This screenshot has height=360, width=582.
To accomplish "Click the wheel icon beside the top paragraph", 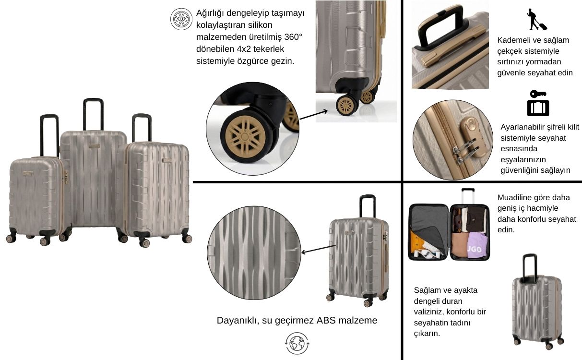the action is (181, 19).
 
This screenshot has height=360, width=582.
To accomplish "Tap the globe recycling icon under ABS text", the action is (297, 343).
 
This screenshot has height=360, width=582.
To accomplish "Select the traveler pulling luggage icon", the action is (536, 20).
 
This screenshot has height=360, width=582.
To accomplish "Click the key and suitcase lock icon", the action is (538, 103).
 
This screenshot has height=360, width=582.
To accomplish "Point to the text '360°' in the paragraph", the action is (293, 37).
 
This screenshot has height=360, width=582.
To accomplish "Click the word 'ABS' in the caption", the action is (326, 320).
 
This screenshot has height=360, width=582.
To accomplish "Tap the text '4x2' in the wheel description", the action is (243, 49).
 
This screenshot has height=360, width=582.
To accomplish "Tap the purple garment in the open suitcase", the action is (477, 246).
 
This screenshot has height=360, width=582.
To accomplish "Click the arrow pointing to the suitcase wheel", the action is (313, 115).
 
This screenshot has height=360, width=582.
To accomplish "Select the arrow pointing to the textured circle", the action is (319, 249).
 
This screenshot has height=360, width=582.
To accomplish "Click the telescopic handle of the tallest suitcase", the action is (93, 114).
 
